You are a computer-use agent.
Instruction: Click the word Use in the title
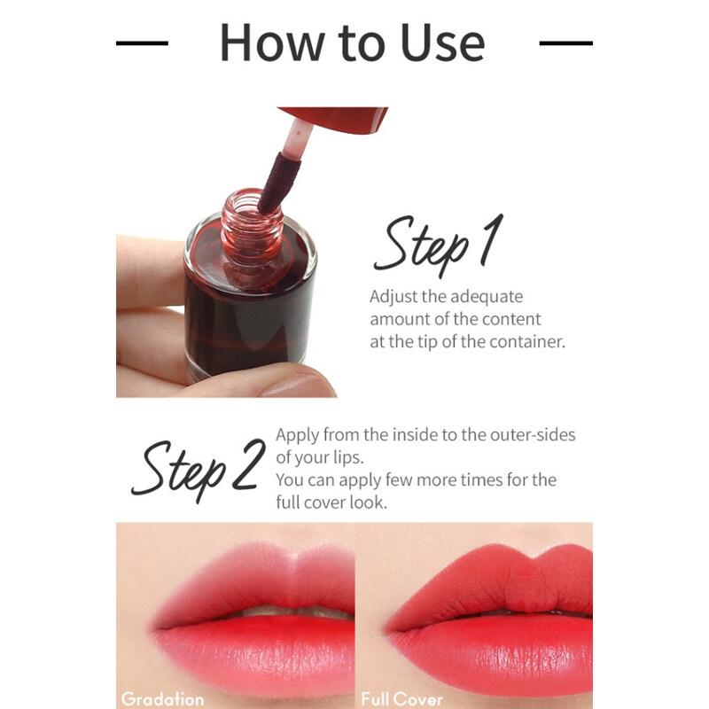point(442,43)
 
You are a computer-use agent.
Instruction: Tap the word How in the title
point(272,43)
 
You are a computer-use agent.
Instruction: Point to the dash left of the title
point(142,43)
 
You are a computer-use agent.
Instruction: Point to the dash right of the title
point(565,43)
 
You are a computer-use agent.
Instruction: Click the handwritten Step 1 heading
point(439,245)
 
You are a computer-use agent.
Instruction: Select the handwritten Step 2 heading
point(198,470)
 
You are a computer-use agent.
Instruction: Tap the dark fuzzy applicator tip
point(278,183)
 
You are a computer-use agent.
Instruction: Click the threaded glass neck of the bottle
point(252,226)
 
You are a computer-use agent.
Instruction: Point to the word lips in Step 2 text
point(348,457)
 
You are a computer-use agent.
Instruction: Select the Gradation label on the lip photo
point(163,699)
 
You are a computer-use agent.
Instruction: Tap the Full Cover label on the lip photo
point(401,699)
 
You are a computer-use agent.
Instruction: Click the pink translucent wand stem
point(296,138)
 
